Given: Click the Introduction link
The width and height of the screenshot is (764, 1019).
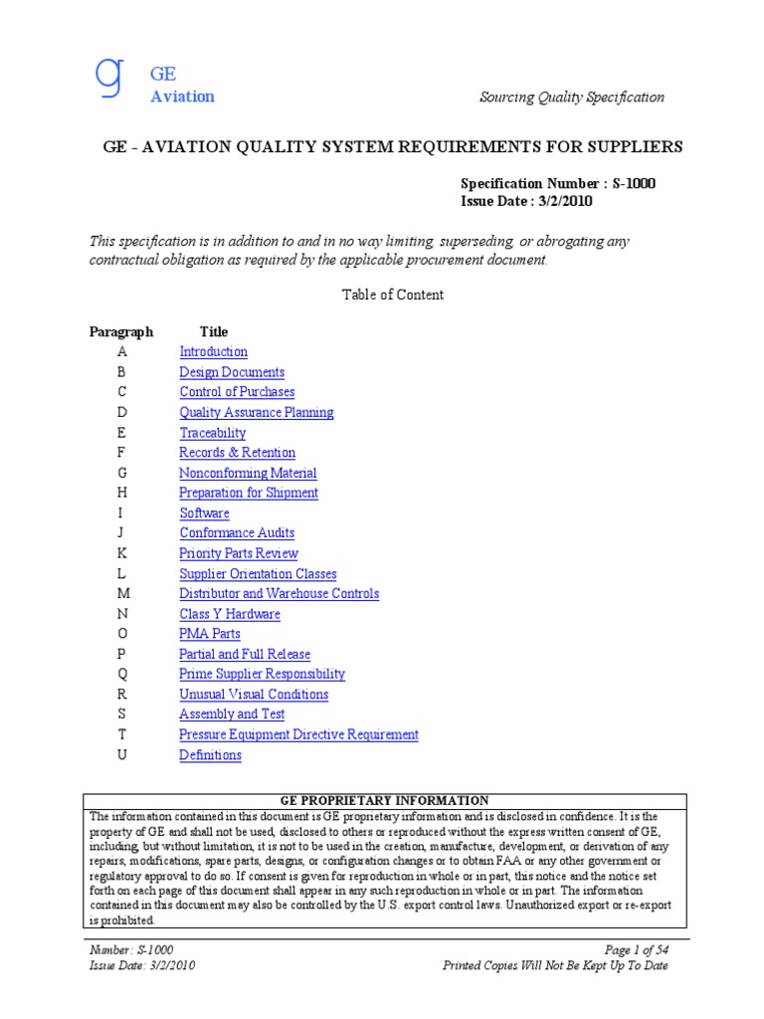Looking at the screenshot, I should click(x=213, y=352).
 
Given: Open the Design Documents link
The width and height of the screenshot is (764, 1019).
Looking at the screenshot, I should click(x=231, y=372).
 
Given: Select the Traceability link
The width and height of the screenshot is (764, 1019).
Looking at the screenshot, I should click(x=212, y=433).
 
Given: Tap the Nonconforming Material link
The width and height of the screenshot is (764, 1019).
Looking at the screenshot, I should click(x=248, y=474).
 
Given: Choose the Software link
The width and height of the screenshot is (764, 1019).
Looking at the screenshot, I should click(x=204, y=513).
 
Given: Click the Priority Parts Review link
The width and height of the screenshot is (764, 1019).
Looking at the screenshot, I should click(x=238, y=553).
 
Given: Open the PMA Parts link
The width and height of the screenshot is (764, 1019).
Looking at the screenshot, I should click(x=209, y=634).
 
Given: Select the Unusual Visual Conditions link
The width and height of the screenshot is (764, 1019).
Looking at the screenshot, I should click(x=253, y=695).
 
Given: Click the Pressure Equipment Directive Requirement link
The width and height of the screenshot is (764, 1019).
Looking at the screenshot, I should click(x=298, y=734).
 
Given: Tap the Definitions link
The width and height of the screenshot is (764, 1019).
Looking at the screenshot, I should click(x=210, y=755).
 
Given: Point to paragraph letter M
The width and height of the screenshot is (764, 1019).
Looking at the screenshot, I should click(x=122, y=594).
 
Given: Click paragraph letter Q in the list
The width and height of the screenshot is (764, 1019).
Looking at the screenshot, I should click(x=122, y=675).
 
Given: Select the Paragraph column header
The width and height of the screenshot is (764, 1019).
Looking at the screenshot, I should click(x=121, y=332).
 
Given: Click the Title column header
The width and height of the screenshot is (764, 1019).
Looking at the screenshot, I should click(x=213, y=332).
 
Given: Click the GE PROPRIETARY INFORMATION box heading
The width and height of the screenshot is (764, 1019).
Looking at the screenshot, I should click(x=384, y=800).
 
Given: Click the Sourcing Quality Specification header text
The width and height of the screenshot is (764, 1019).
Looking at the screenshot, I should click(x=571, y=97).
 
